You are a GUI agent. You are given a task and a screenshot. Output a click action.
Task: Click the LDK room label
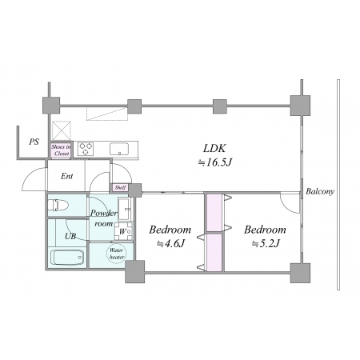coord(214,148)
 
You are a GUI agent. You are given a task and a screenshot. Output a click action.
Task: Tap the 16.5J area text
coord(214,162)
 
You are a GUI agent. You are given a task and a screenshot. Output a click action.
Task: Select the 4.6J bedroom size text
coord(170,243)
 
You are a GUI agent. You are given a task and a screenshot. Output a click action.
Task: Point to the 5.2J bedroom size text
coord(266,243)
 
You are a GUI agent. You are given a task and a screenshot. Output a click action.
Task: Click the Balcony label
coord(320,191)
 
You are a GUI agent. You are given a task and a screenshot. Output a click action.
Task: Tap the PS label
coord(34,142)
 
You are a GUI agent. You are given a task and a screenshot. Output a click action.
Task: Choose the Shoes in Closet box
coord(62,150)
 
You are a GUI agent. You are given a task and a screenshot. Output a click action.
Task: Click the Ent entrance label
coord(66,176)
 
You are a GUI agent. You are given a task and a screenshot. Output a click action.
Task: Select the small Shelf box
coord(120,187)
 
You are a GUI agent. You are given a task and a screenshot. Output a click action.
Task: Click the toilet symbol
coord(58,206)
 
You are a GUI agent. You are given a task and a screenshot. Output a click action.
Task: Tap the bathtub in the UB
coord(67,258)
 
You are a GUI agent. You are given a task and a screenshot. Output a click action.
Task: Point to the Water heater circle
coord(117,254)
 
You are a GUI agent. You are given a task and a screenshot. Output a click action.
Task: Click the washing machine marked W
coord(123,231)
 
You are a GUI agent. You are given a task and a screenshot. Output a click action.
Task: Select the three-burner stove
coord(86,149)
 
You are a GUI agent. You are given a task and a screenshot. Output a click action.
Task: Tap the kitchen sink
coord(119,149)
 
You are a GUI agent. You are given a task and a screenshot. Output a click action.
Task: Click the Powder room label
coord(103,218)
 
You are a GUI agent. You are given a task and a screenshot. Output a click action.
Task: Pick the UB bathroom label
coord(70,236)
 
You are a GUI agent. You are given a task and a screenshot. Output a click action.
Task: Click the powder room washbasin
coord(124,209)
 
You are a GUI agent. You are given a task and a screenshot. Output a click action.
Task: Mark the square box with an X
coord(62,130)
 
